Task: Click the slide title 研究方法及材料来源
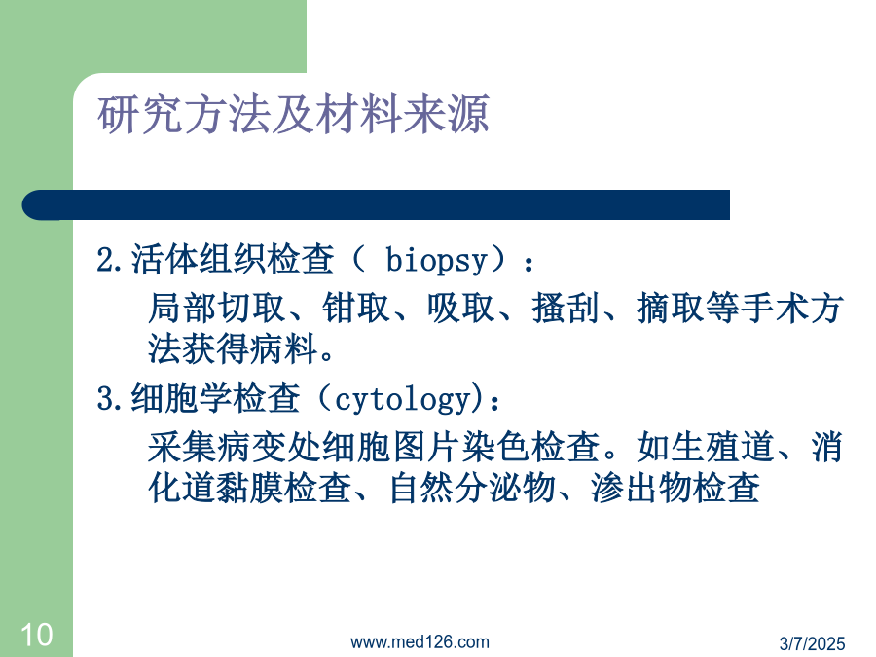tap(293, 115)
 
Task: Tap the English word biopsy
tap(437, 260)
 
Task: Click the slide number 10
tap(37, 635)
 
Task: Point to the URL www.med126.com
tap(420, 642)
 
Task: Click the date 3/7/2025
tap(813, 643)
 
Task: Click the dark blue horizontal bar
tap(376, 204)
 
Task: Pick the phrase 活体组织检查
tap(233, 259)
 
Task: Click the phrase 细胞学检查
tap(216, 398)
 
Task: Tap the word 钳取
tap(356, 308)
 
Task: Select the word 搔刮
tap(566, 308)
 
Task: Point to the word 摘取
tap(671, 308)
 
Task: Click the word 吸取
tap(461, 308)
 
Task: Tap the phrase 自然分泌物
tap(473, 488)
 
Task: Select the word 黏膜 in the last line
tap(250, 488)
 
